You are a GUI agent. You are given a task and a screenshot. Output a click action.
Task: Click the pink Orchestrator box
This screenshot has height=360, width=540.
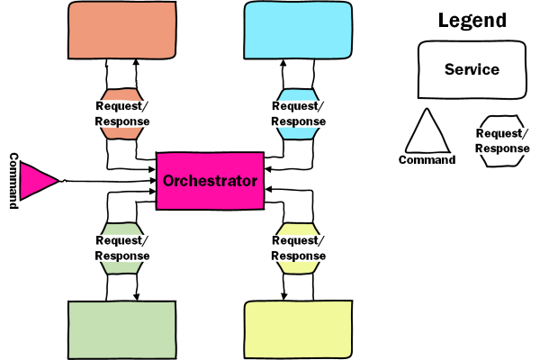pyautogui.click(x=210, y=181)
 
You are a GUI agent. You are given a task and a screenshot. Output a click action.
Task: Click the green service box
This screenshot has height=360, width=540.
pyautogui.click(x=121, y=329)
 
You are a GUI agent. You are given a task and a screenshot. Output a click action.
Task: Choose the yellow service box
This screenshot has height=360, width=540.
pyautogui.click(x=298, y=329)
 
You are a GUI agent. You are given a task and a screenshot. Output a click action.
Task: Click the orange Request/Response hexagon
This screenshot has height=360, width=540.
pyautogui.click(x=121, y=113)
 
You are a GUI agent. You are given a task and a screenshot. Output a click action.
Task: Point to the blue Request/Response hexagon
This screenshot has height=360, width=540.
pyautogui.click(x=298, y=113)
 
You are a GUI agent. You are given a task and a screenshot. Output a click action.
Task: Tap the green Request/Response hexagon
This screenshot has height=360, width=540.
pyautogui.click(x=121, y=247)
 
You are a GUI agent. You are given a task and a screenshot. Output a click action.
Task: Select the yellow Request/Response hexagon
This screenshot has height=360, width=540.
pyautogui.click(x=298, y=247)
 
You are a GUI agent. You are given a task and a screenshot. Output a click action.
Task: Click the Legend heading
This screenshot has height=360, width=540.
pyautogui.click(x=472, y=20)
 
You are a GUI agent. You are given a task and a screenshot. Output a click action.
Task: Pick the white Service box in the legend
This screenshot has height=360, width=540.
pyautogui.click(x=472, y=69)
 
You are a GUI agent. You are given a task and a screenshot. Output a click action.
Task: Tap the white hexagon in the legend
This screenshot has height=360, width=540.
pyautogui.click(x=501, y=141)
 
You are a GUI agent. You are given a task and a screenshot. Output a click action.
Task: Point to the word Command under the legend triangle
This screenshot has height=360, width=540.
pyautogui.click(x=427, y=160)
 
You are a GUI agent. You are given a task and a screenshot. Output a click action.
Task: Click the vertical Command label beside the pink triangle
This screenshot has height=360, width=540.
pyautogui.click(x=13, y=181)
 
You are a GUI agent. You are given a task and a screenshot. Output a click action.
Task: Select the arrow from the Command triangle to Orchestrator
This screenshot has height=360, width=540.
pyautogui.click(x=108, y=181)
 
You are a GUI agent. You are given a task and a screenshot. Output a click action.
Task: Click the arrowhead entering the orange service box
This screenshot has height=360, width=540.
pyautogui.click(x=136, y=63)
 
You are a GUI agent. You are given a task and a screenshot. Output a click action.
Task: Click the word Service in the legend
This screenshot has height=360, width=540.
pyautogui.click(x=472, y=69)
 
